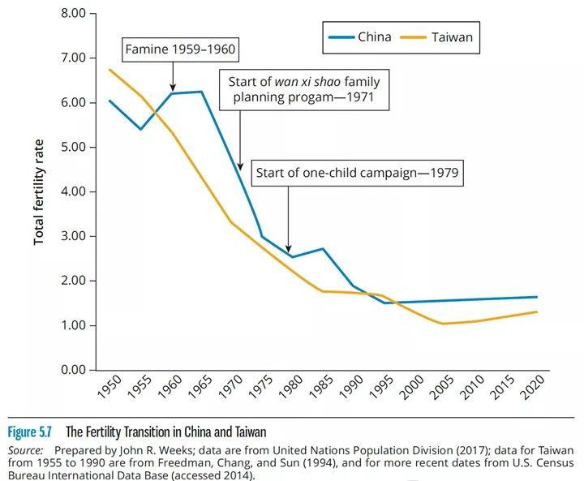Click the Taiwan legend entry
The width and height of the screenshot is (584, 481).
point(442,37)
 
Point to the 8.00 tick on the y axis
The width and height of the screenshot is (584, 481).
point(74,14)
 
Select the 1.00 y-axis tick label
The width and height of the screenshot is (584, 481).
point(74,325)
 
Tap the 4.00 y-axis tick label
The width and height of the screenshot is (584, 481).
point(74,191)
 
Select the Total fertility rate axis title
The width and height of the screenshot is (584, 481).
point(39,192)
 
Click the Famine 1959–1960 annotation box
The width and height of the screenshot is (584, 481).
point(181,50)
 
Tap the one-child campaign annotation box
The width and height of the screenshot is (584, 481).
point(358,173)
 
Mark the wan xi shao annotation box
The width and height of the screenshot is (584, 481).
point(300,91)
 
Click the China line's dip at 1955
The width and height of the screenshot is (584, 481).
point(140,129)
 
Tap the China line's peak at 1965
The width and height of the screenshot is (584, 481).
point(201,92)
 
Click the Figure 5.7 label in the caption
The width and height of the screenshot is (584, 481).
point(30,431)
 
